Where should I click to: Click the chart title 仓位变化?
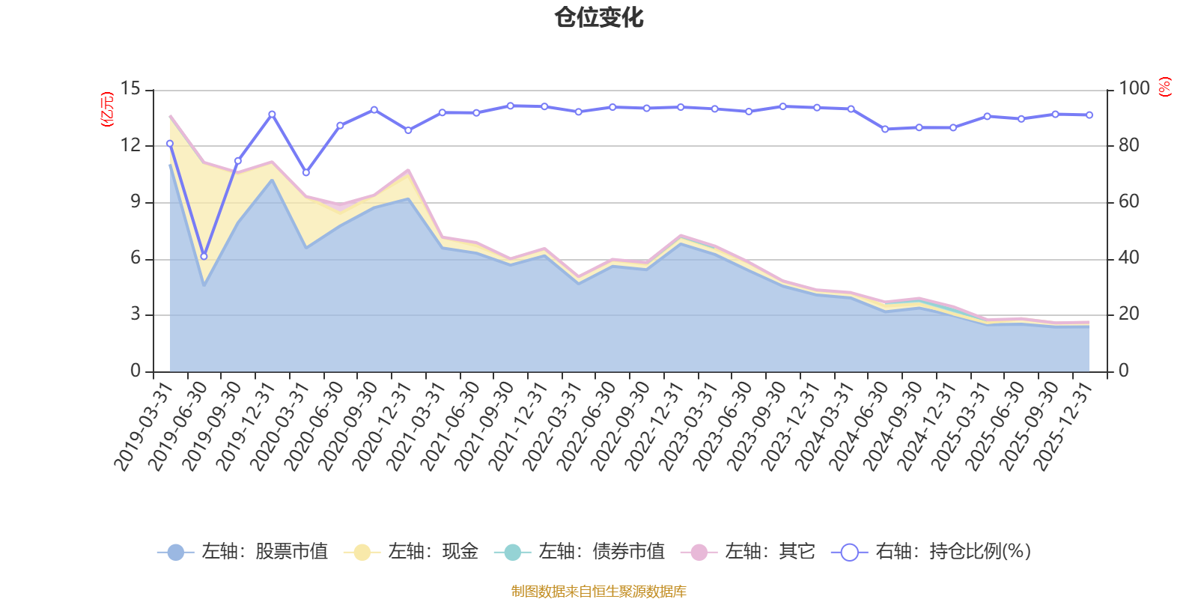tap(598, 18)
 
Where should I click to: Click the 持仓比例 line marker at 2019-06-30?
tap(204, 257)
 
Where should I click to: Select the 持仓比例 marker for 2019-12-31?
tap(273, 115)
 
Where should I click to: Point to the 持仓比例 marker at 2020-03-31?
tap(306, 173)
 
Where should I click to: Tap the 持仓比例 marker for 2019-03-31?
tap(170, 144)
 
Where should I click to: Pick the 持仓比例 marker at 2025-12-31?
tap(1089, 115)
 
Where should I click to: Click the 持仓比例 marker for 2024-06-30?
tap(885, 130)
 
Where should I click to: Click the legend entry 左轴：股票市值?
tap(243, 551)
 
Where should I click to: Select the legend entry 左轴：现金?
tap(411, 551)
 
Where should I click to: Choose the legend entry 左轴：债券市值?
tap(580, 551)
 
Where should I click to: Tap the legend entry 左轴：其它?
tap(748, 551)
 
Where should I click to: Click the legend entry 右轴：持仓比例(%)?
tap(931, 551)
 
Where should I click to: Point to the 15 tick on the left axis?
tap(130, 88)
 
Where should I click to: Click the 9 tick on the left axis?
tap(136, 201)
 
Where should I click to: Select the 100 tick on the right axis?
tap(1134, 88)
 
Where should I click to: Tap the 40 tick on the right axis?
tap(1129, 258)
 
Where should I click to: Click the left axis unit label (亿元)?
tap(108, 109)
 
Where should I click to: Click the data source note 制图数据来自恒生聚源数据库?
tap(598, 591)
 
